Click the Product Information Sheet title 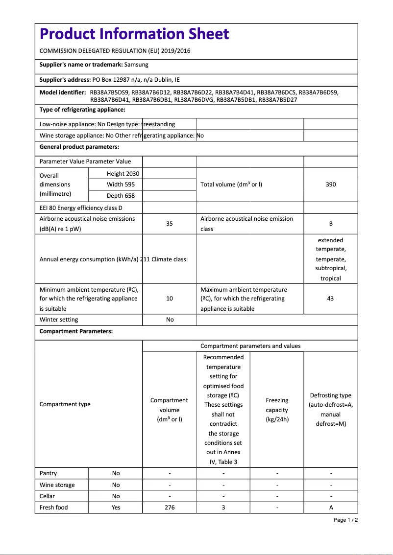(134, 34)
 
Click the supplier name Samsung (136, 65)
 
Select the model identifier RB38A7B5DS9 (109, 92)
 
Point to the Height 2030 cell (123, 174)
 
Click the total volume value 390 (331, 185)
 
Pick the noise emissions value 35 (169, 224)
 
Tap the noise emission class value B (331, 224)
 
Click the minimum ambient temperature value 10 (169, 299)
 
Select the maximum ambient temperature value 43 (330, 299)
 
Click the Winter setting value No (170, 320)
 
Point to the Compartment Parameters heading (76, 331)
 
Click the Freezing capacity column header (277, 410)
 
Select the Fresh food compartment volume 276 (170, 508)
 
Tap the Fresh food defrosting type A (331, 508)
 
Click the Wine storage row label (57, 485)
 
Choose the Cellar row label (47, 496)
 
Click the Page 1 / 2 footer (345, 520)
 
